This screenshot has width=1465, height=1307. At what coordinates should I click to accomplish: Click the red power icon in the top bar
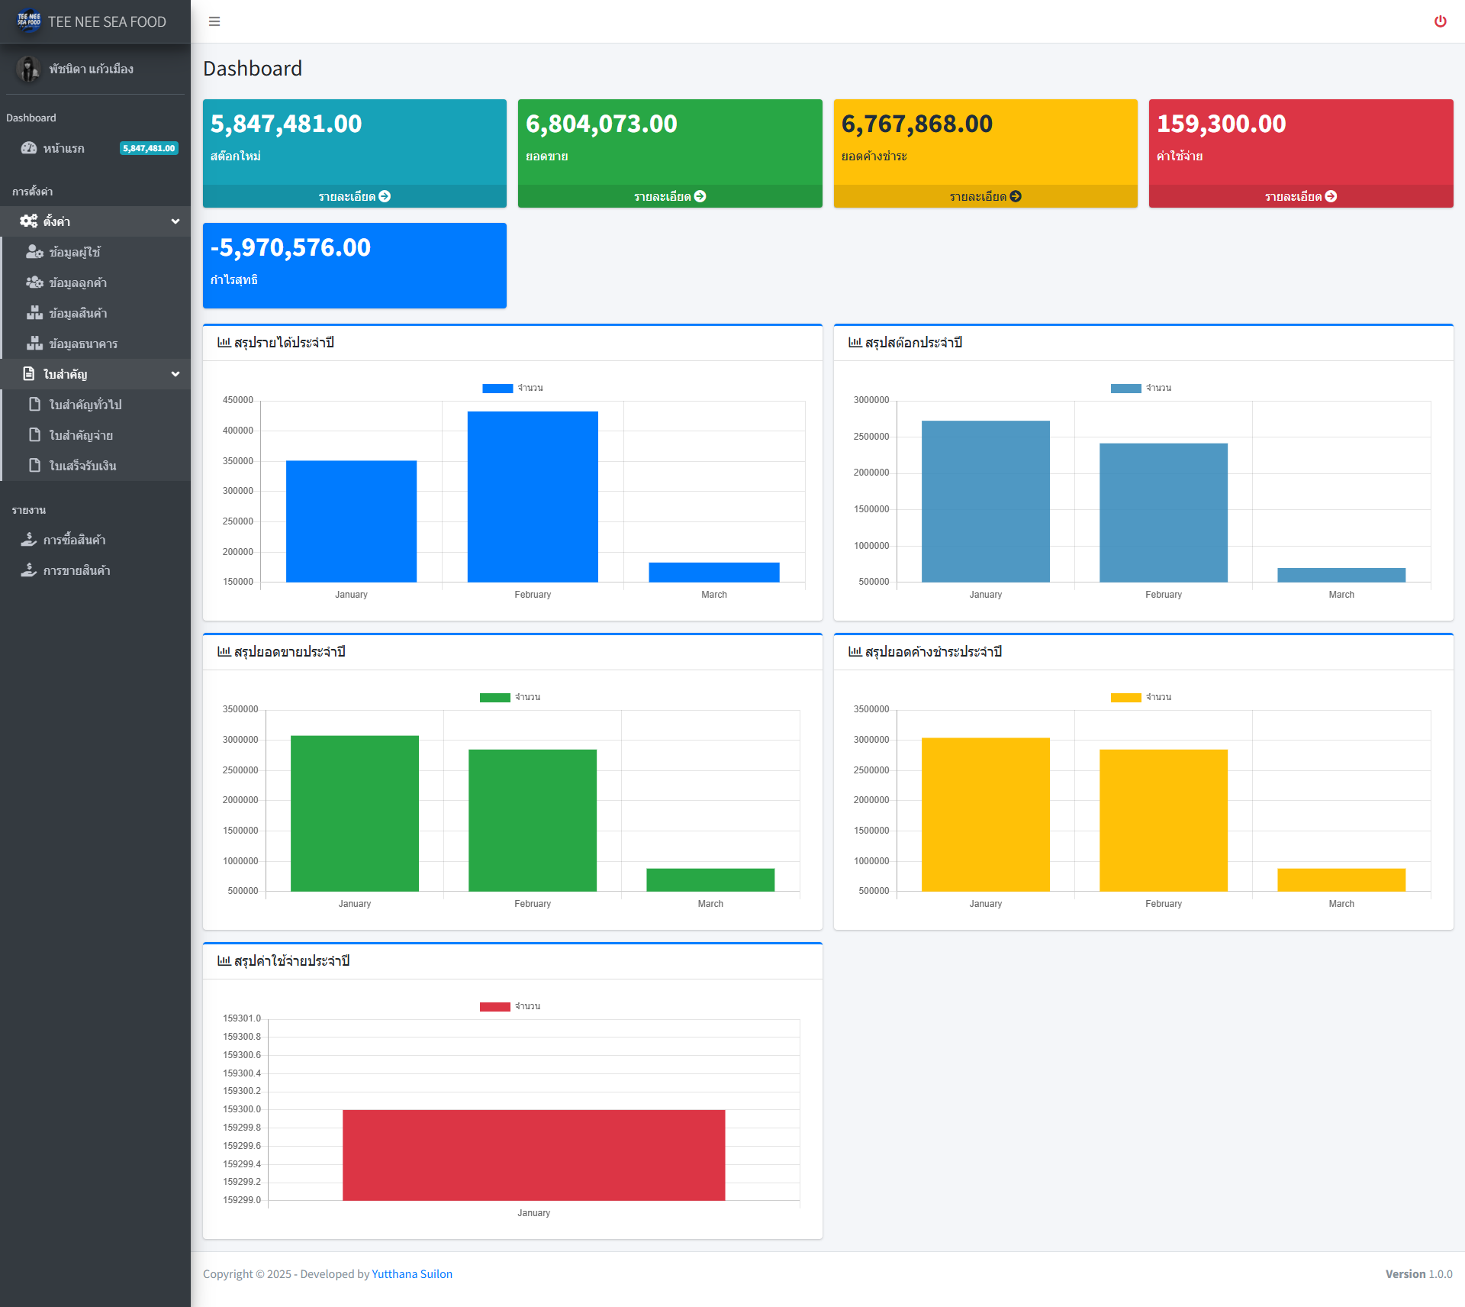pyautogui.click(x=1440, y=21)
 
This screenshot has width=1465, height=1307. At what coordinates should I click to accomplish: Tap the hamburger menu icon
pyautogui.click(x=214, y=21)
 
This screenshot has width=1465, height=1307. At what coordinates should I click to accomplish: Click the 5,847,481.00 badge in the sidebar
pyautogui.click(x=149, y=148)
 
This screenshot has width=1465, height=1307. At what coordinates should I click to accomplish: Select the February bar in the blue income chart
pyautogui.click(x=533, y=496)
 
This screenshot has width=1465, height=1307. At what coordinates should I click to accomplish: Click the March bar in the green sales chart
pyautogui.click(x=710, y=879)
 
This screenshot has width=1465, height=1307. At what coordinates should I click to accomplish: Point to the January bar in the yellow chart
pyautogui.click(x=985, y=814)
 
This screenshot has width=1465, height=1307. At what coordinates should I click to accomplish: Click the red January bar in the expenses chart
pyautogui.click(x=533, y=1154)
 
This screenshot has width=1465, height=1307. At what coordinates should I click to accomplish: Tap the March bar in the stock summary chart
pyautogui.click(x=1341, y=575)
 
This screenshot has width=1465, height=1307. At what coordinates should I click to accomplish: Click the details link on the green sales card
pyautogui.click(x=669, y=196)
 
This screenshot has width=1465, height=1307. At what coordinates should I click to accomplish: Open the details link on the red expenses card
pyautogui.click(x=1300, y=196)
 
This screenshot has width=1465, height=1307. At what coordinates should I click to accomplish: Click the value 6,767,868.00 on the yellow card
pyautogui.click(x=916, y=124)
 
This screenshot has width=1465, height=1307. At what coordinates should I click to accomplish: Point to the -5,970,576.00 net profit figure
pyautogui.click(x=291, y=247)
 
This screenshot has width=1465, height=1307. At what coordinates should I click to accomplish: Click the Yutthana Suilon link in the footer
pyautogui.click(x=412, y=1273)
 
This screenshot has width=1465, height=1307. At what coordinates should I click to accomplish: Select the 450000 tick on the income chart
pyautogui.click(x=238, y=400)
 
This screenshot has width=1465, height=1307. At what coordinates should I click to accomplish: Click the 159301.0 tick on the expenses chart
pyautogui.click(x=242, y=1018)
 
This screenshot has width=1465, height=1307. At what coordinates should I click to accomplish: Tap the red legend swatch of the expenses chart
pyautogui.click(x=494, y=1006)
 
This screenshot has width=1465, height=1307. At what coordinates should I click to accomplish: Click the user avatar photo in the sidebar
pyautogui.click(x=29, y=69)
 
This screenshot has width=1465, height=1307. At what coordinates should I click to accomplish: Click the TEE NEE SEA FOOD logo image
pyautogui.click(x=29, y=21)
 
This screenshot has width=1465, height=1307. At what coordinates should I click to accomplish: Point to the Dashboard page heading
pyautogui.click(x=253, y=69)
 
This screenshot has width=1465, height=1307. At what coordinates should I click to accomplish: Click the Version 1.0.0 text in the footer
pyautogui.click(x=1418, y=1273)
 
